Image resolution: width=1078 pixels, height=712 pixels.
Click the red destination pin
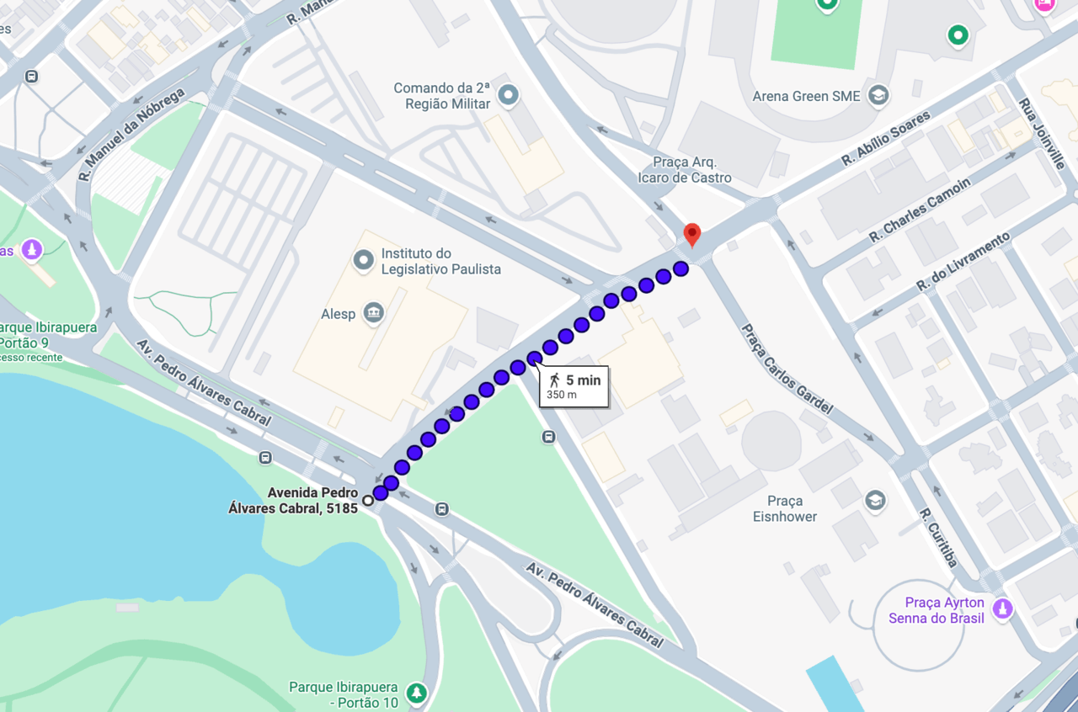tap(691, 233)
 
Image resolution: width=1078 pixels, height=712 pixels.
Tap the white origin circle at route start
tap(368, 501)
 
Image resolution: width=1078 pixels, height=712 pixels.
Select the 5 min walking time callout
tap(574, 386)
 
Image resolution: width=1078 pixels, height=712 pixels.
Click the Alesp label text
tap(339, 313)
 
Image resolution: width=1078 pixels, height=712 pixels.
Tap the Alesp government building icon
tap(372, 314)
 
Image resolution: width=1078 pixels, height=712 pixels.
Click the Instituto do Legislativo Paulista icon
tap(364, 260)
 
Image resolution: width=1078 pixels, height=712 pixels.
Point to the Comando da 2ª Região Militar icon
tap(508, 95)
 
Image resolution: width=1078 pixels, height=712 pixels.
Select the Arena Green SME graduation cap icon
tap(878, 95)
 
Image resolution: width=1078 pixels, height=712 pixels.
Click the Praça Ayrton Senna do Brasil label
tap(944, 610)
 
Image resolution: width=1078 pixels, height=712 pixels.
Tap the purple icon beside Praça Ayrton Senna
tap(1002, 608)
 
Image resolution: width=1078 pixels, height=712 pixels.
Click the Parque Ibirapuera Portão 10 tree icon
tap(416, 693)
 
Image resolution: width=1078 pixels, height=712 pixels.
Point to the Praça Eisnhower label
tap(785, 509)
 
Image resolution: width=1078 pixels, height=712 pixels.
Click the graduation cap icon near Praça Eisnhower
tap(876, 501)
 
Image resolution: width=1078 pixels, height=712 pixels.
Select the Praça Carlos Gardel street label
tap(787, 369)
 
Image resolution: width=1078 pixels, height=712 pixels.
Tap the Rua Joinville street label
tap(1042, 134)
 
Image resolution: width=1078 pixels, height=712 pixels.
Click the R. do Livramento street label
tap(963, 262)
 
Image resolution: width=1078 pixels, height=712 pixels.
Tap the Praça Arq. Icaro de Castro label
tap(692, 169)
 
